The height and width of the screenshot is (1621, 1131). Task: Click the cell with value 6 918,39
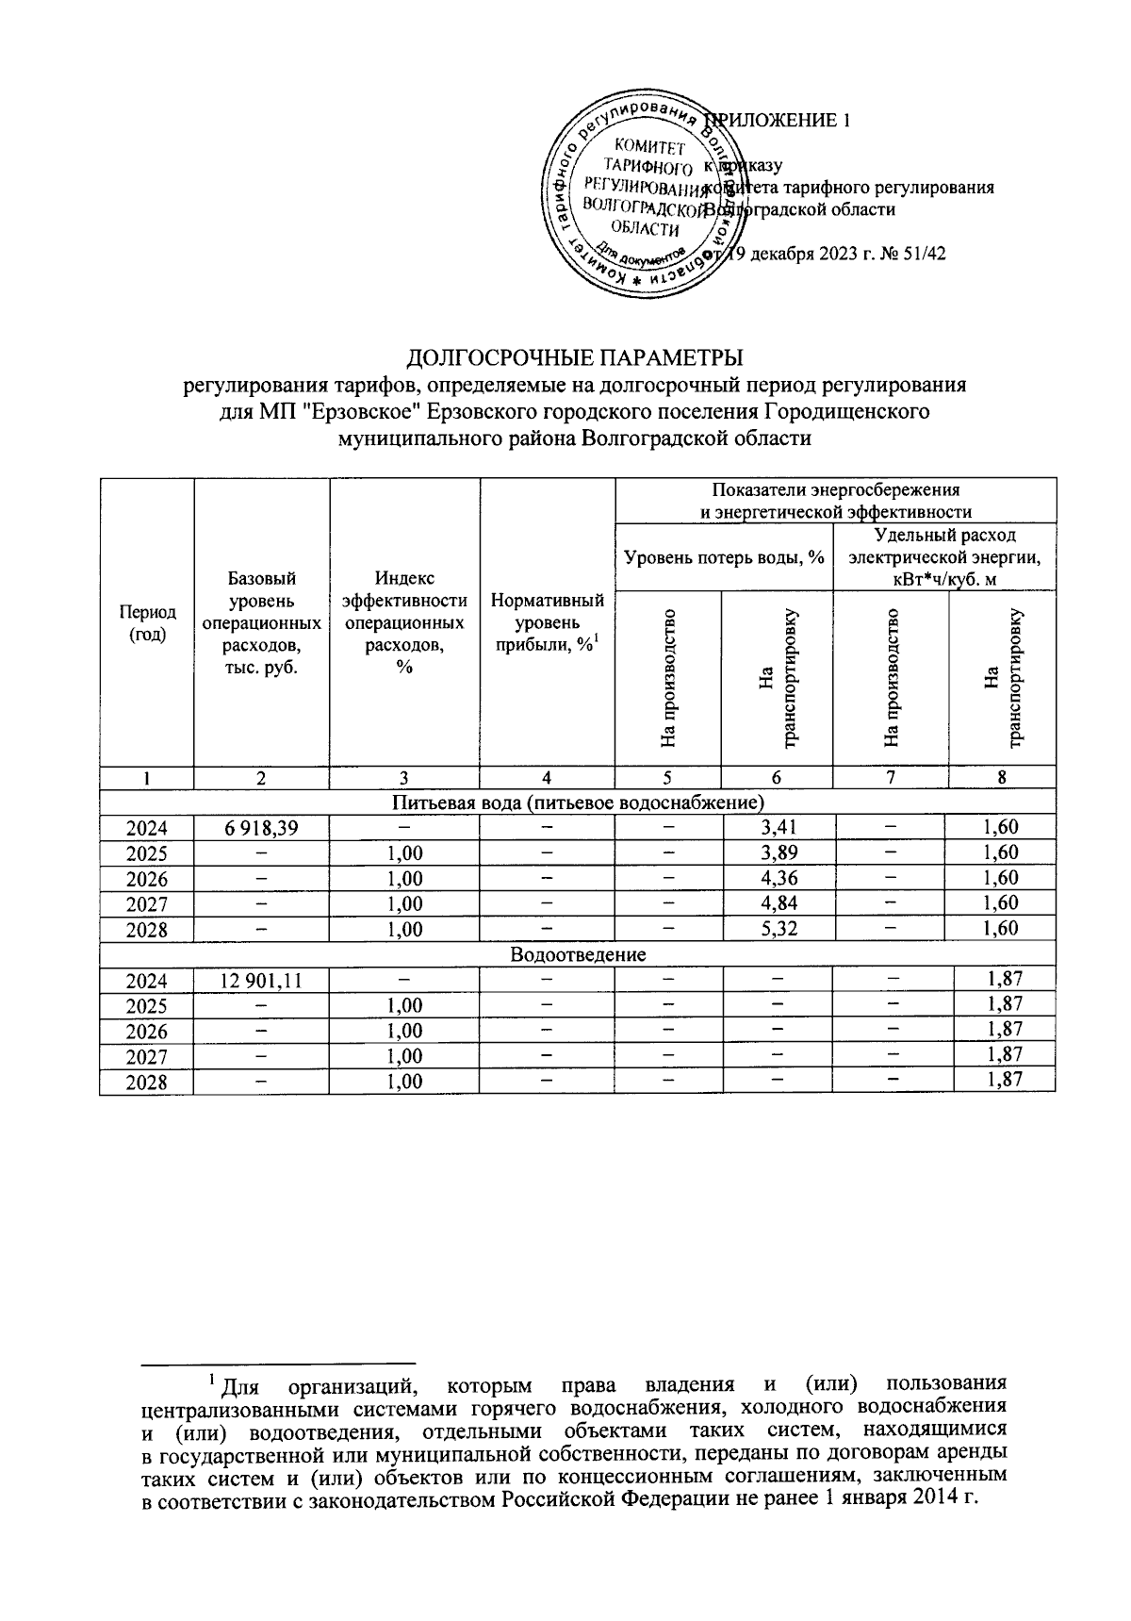click(261, 828)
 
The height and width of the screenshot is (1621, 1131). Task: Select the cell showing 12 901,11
click(261, 980)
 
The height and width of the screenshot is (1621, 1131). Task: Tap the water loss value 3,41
click(777, 828)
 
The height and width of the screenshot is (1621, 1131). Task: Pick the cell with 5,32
click(777, 929)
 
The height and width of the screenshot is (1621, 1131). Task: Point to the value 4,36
click(777, 879)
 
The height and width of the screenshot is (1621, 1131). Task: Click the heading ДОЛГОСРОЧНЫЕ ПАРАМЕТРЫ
click(575, 358)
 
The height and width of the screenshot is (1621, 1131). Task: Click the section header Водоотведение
click(577, 954)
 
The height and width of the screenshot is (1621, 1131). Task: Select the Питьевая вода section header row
click(577, 802)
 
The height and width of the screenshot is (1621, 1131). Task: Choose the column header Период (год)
click(146, 624)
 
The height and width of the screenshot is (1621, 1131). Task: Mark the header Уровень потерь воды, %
click(724, 557)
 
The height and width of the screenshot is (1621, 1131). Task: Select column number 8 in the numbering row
click(1001, 778)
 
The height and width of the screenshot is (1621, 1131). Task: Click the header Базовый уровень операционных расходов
click(261, 622)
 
